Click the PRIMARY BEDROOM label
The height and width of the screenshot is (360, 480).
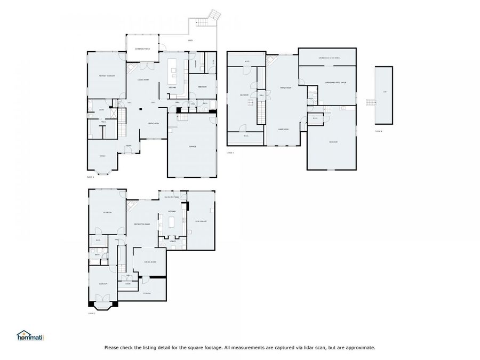tap(107, 76)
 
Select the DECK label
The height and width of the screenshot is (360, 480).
tap(190, 41)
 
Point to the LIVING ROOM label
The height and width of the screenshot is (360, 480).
tap(142, 80)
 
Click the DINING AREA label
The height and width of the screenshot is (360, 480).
tap(154, 123)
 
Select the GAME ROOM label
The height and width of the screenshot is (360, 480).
tap(283, 129)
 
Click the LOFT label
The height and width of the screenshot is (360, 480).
tap(384, 92)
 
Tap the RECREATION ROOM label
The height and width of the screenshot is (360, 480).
tap(142, 224)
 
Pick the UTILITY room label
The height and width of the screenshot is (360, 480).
tap(173, 242)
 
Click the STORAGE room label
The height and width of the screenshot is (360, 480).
tap(147, 293)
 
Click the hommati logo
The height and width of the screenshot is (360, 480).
tap(30, 337)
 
